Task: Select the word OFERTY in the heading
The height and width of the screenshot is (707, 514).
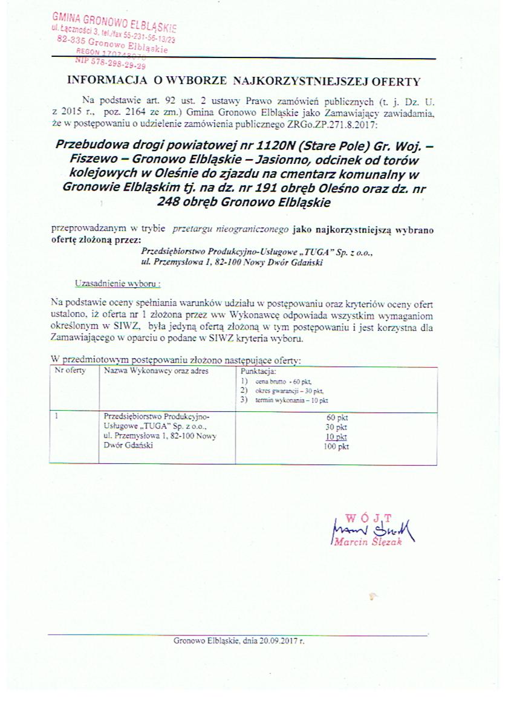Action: pos(394,80)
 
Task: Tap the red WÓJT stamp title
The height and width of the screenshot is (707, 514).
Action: pos(368,518)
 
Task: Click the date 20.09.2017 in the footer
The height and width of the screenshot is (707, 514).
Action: pos(279,640)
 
